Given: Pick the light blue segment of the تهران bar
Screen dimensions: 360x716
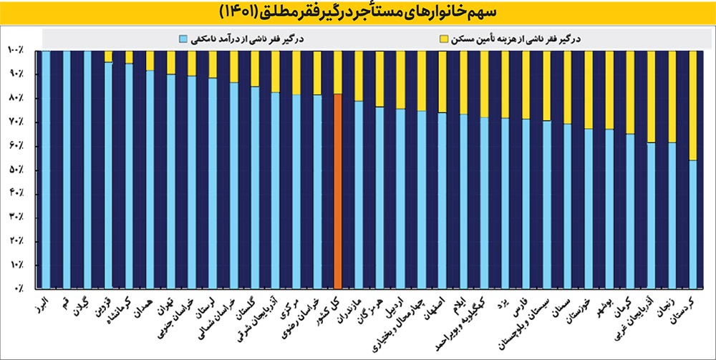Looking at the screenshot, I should coord(171,179).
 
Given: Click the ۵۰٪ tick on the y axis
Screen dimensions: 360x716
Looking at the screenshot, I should coord(16,170).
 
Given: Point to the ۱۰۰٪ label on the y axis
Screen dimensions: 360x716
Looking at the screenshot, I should coord(16,50).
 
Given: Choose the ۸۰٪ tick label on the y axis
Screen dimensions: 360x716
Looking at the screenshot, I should coord(16,98).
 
